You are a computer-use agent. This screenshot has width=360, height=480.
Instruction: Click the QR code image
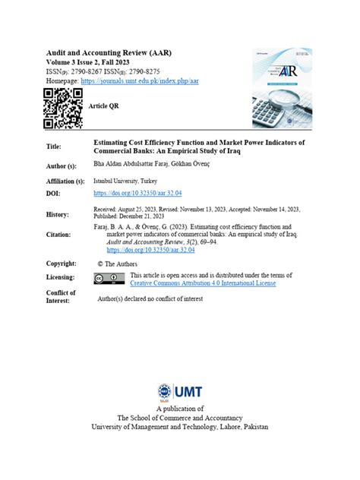pyautogui.click(x=63, y=109)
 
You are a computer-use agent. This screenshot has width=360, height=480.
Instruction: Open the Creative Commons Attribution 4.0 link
pyautogui.click(x=203, y=283)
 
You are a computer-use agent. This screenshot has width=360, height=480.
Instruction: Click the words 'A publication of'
pyautogui.click(x=180, y=409)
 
